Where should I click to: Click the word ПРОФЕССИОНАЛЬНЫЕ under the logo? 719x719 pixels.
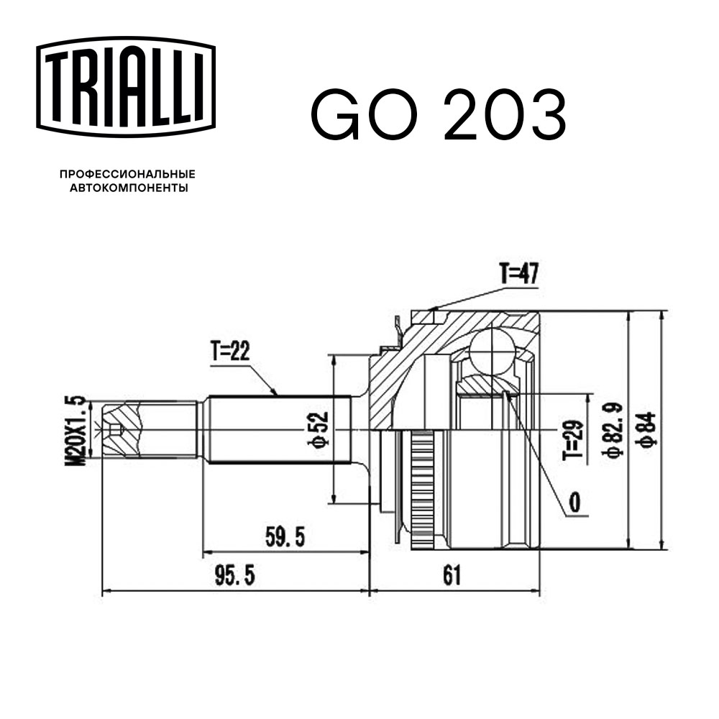point(127,174)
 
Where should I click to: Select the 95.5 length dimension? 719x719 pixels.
point(235,576)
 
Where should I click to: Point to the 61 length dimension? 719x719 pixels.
point(451,575)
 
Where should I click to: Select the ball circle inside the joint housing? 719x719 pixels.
point(493,351)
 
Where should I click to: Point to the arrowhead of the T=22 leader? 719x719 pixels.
point(276,393)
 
